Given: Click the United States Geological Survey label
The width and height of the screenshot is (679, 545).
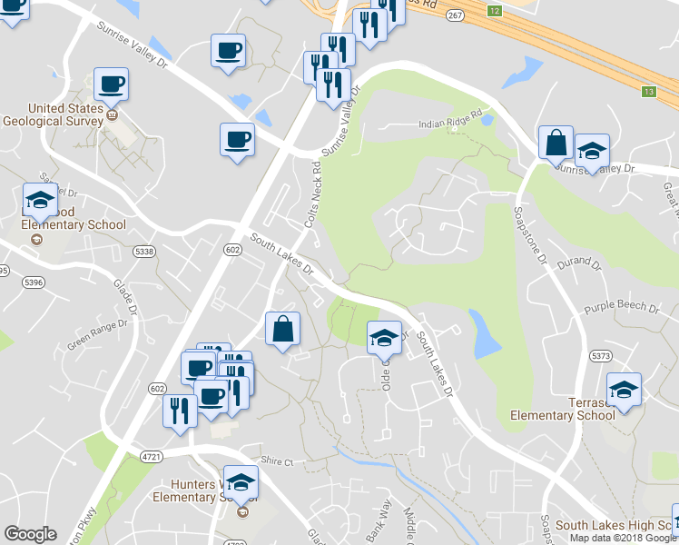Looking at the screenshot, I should click(x=52, y=113).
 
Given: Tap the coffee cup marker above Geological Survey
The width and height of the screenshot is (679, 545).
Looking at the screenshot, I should click(x=111, y=85).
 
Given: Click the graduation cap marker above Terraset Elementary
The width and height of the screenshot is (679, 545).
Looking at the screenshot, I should click(x=624, y=391).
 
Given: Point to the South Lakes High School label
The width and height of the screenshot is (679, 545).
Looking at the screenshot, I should click(x=615, y=526).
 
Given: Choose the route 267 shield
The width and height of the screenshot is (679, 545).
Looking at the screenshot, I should click(x=455, y=15).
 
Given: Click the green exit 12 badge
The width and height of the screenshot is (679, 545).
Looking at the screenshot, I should click(x=493, y=11).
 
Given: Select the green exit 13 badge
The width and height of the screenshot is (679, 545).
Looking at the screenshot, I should click(x=648, y=92).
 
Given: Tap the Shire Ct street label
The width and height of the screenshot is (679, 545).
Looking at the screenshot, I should click(x=278, y=462).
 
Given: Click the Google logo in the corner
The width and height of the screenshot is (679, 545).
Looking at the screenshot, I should click(x=30, y=535).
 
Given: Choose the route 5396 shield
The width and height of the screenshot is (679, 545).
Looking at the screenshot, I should click(x=34, y=282).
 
